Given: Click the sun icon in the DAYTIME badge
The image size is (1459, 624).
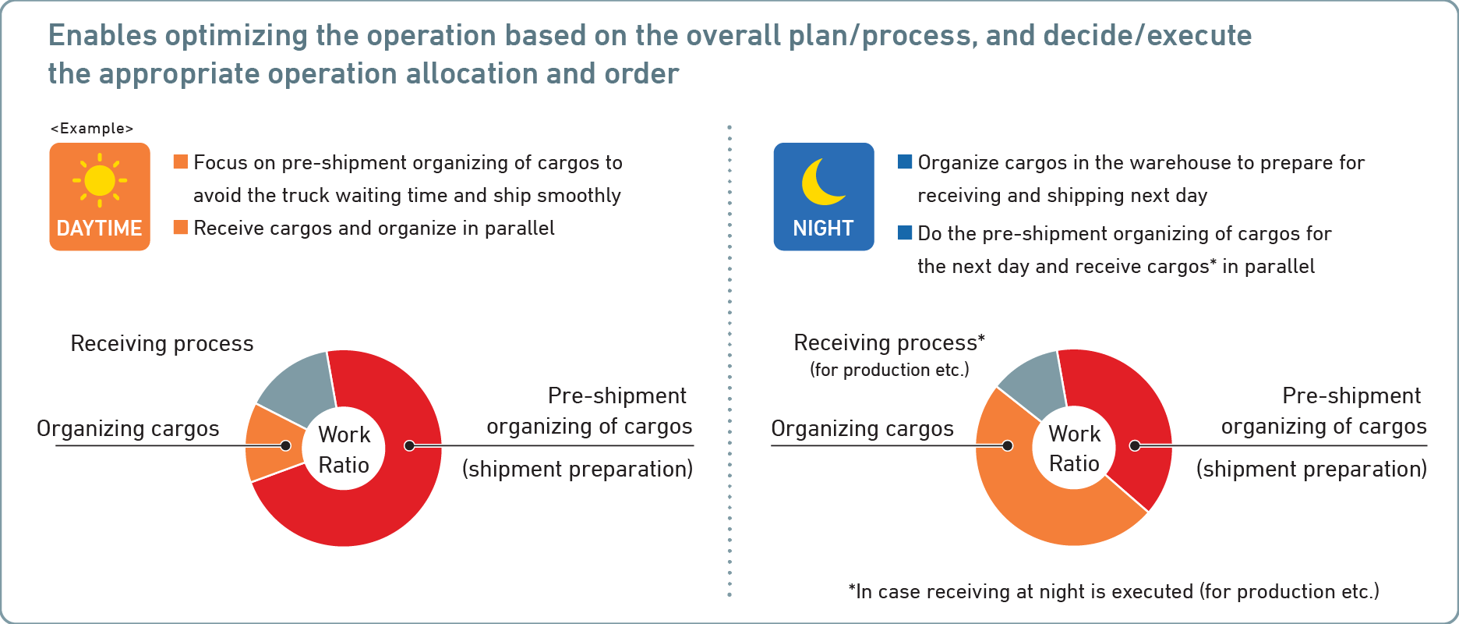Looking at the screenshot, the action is tap(100, 180).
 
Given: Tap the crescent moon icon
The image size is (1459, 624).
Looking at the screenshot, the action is tap(822, 182).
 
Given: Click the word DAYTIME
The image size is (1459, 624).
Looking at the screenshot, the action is tap(100, 229).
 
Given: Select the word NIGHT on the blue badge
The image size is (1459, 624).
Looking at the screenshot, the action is tap(823, 229).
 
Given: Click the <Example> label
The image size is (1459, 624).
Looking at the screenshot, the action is tap(92, 129).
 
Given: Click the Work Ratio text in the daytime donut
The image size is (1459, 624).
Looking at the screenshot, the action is tap(344, 449).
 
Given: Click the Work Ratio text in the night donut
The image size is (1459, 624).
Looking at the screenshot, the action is tap(1074, 448).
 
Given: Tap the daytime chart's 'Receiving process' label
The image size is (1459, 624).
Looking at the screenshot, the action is tap(162, 344).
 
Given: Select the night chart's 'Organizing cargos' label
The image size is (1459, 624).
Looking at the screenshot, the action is tap(862, 429).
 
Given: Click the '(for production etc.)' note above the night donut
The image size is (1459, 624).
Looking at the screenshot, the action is tap(889, 370).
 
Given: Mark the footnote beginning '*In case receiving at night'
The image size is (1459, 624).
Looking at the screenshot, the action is tap(1114, 592).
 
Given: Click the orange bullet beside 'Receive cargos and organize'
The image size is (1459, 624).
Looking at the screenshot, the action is tap(181, 227).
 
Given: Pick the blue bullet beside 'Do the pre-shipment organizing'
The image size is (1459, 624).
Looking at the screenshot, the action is tap(905, 232).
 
